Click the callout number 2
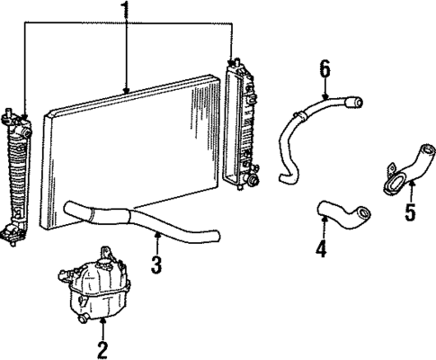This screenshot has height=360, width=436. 102,347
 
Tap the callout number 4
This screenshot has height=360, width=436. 321,247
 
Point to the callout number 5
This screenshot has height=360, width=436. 411,214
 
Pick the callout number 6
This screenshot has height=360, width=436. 325,68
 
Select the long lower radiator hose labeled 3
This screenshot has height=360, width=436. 144,220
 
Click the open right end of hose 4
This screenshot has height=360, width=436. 363,214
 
